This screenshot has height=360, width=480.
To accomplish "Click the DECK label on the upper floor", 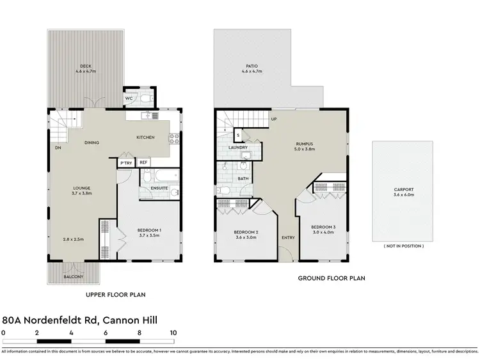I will pos(85,66).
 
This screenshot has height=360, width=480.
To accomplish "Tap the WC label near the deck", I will pos(129,98).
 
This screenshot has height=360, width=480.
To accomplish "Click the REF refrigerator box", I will pos(143,163).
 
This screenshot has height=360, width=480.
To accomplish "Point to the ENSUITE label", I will pos(159,188).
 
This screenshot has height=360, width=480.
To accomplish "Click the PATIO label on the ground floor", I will pos(252,66).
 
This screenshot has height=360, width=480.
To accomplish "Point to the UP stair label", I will pos(273,120).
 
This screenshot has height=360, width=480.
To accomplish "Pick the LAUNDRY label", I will pos(238,148).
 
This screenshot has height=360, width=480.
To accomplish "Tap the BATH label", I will pos(243,179).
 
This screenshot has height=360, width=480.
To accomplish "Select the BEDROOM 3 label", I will pos(323,227).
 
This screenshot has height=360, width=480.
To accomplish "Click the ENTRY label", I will pos(288,238).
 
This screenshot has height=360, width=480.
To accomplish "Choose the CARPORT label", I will pos(403,189).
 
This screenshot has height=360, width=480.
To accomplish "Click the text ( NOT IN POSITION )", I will pos(403,246).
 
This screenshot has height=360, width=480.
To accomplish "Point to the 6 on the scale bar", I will pos(106,333).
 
